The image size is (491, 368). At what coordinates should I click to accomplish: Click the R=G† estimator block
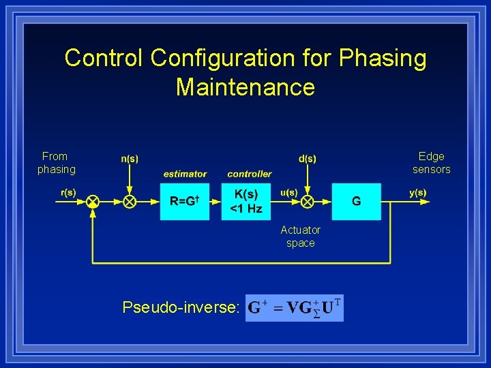tap(184, 201)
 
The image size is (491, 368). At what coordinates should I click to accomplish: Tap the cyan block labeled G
tap(356, 201)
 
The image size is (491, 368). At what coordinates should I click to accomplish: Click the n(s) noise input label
tap(130, 159)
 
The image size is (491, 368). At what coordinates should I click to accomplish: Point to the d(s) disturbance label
tap(307, 159)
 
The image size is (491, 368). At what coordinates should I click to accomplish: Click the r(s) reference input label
tap(68, 192)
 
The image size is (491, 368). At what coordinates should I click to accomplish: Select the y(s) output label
tap(417, 192)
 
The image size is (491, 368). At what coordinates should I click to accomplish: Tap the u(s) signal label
tap(288, 192)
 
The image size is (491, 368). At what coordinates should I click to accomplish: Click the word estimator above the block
tap(185, 174)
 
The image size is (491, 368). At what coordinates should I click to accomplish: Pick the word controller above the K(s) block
tap(249, 174)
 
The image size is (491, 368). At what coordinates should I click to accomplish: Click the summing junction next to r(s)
tap(93, 201)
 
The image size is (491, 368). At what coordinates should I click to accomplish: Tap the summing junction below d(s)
tap(308, 201)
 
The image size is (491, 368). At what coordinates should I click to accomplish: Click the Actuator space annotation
tap(300, 236)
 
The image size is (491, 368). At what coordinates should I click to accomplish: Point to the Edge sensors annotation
tap(431, 163)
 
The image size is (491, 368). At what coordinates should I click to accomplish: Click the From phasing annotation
tap(56, 163)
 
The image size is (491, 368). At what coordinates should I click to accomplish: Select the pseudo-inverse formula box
tap(294, 307)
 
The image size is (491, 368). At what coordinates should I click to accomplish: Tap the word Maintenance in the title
tap(245, 87)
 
